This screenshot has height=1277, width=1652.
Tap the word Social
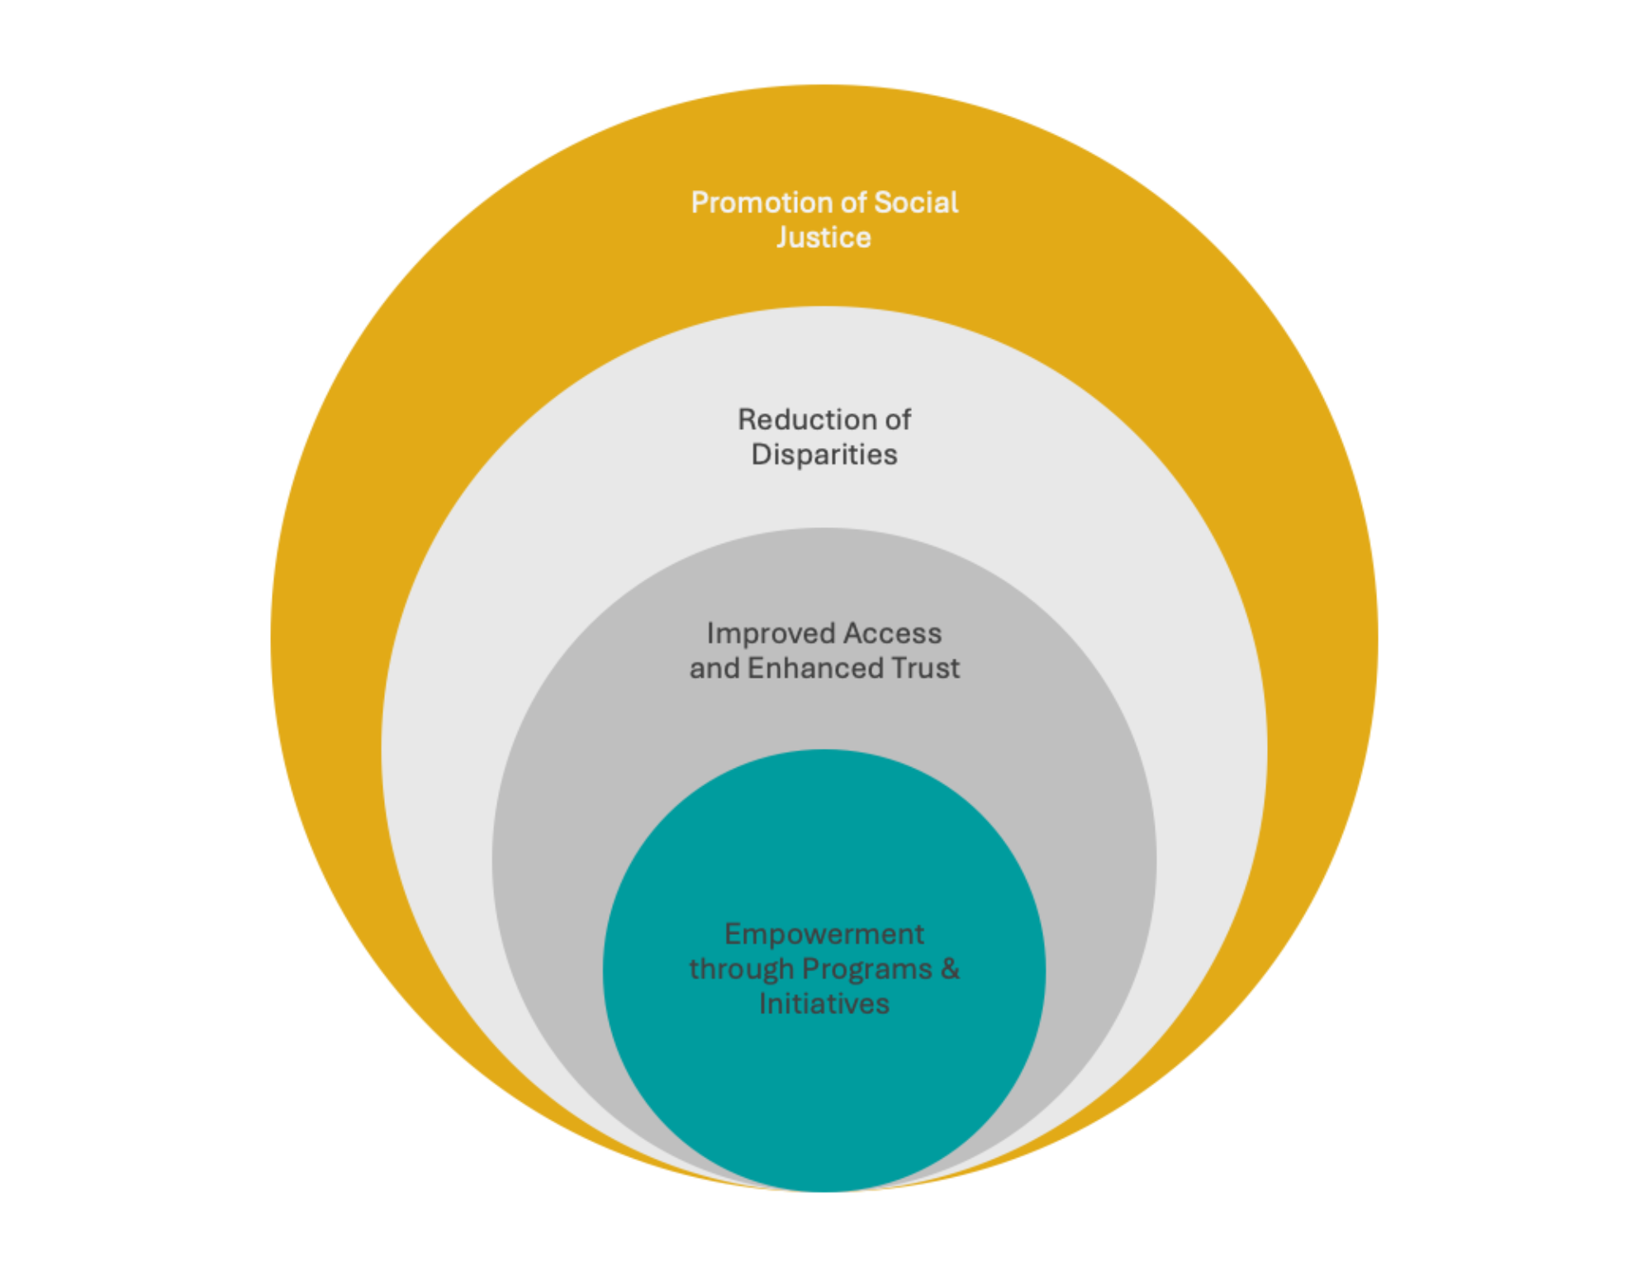coord(916,203)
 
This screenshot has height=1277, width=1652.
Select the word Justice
coord(824,238)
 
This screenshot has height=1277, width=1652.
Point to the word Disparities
coord(824,455)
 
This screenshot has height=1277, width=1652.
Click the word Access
coord(892,634)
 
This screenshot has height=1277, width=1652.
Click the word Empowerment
coord(824,935)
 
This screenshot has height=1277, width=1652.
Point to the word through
coord(741,970)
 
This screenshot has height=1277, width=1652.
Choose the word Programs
coord(866,970)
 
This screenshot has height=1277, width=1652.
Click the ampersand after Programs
coord(950,970)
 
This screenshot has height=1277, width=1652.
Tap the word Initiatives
coord(824,1004)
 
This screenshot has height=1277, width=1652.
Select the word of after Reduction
coord(897,420)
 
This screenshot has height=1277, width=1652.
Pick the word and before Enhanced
coord(714,669)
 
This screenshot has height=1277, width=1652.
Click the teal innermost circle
coord(824,1091)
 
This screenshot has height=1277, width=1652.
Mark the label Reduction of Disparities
coord(824,437)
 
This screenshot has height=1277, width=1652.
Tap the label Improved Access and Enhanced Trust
coord(824,651)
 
